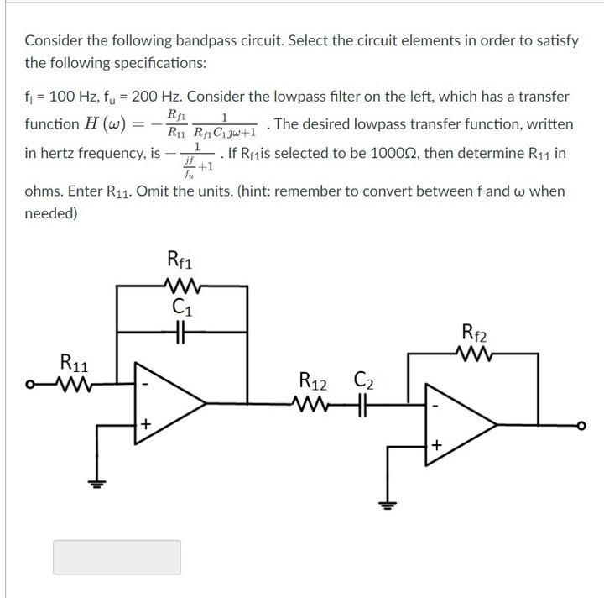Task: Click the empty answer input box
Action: pos(117,557)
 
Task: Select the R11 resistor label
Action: pos(76,363)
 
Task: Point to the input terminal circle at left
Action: pos(30,386)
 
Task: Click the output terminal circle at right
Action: pos(580,426)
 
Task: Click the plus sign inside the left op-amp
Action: pos(145,425)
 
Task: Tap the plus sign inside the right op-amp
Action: pos(436,445)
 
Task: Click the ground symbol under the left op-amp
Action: pos(96,484)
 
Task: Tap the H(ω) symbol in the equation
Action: pos(104,124)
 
